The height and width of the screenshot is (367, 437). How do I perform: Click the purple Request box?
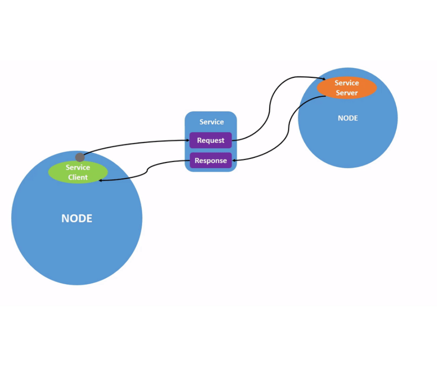(x=210, y=140)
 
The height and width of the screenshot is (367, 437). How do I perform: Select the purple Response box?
(x=210, y=161)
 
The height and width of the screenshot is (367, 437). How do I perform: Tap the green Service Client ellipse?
(x=78, y=172)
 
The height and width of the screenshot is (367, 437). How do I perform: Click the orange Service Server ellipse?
(x=346, y=88)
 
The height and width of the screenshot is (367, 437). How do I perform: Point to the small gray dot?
(x=80, y=157)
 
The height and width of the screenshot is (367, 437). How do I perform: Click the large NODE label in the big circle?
(x=77, y=218)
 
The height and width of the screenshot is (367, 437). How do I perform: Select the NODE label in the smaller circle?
(x=348, y=118)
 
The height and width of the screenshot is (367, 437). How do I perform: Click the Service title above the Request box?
(x=212, y=122)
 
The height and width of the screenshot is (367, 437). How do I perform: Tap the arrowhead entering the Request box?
(x=187, y=140)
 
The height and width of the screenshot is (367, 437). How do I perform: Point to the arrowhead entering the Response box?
(x=234, y=160)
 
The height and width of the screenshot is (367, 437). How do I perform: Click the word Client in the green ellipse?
(x=78, y=177)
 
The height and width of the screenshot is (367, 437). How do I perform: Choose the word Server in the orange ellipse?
(x=347, y=93)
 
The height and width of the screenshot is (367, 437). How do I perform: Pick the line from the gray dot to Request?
(x=135, y=143)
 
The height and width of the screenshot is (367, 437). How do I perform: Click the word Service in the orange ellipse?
(x=347, y=83)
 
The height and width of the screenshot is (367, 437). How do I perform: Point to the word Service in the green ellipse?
(x=78, y=168)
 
